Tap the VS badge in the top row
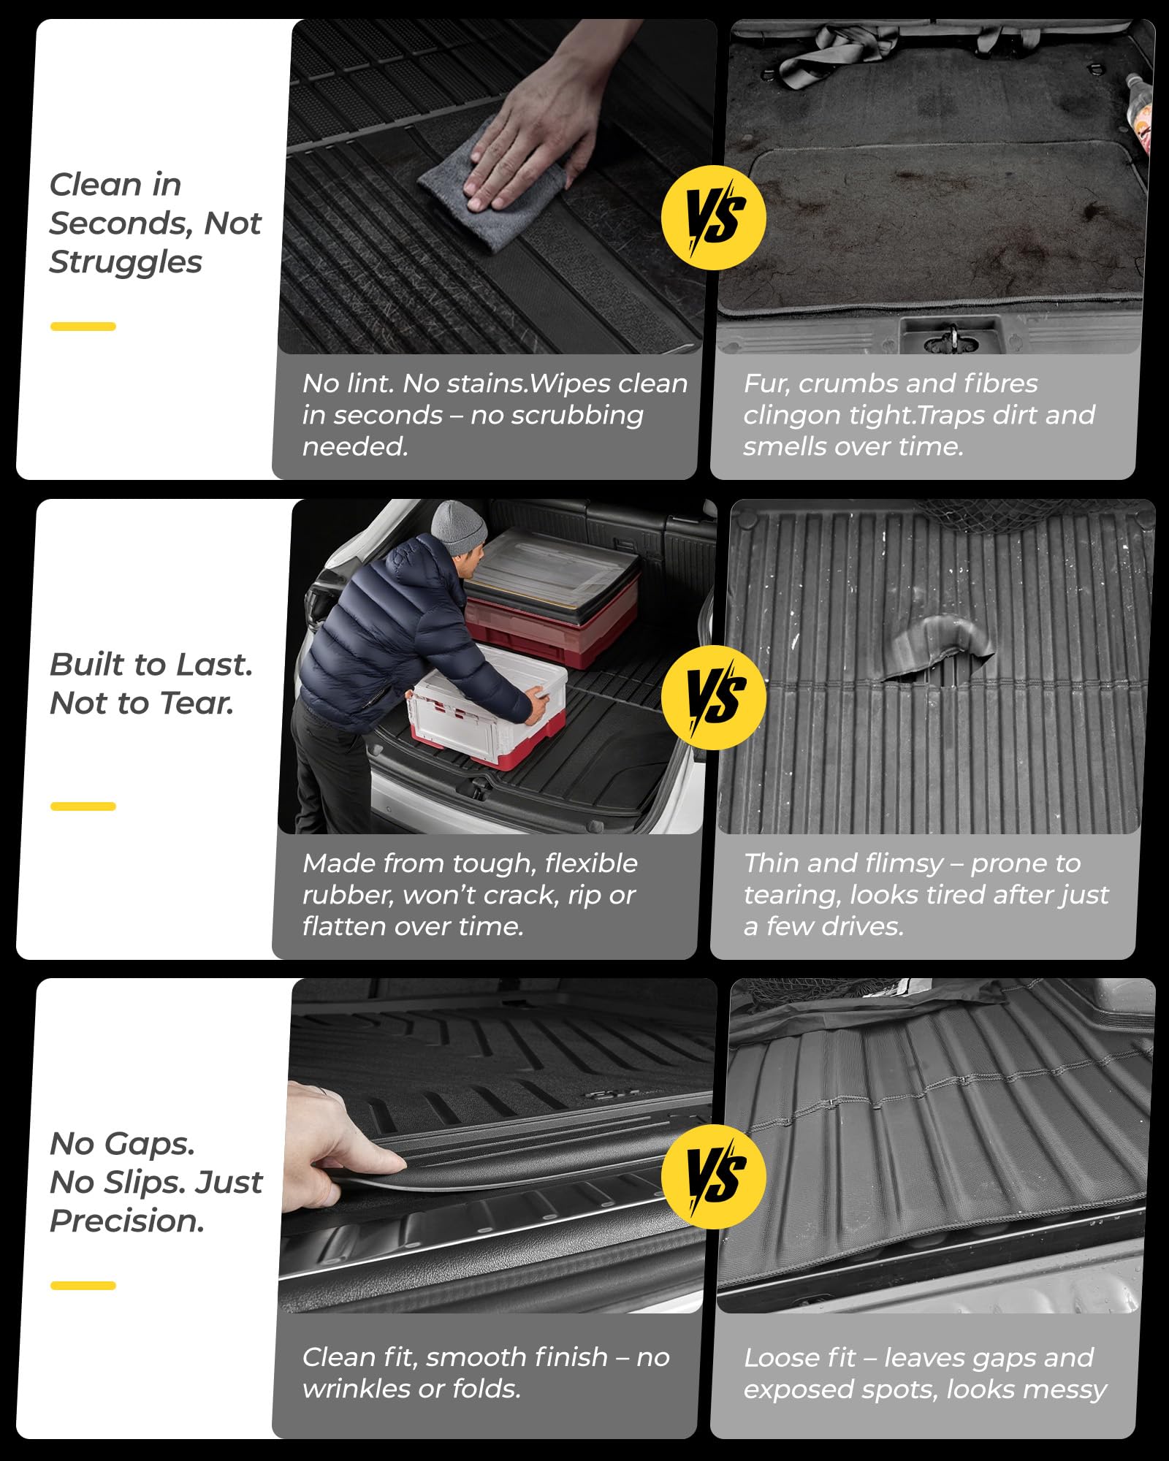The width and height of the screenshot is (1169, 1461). (x=713, y=218)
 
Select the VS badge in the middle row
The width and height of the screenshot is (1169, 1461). (x=713, y=698)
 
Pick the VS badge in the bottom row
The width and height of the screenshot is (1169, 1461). (x=713, y=1176)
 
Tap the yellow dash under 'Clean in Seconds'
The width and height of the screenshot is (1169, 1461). (x=83, y=327)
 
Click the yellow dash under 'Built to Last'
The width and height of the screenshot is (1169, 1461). (x=83, y=806)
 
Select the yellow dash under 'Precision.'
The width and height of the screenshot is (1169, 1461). (x=83, y=1286)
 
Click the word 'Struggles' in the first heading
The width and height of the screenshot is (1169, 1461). (x=126, y=262)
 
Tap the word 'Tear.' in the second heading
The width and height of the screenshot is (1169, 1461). (x=197, y=703)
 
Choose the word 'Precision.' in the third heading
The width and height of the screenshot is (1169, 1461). (x=127, y=1221)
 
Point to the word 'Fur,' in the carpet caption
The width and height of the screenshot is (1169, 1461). (x=766, y=384)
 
